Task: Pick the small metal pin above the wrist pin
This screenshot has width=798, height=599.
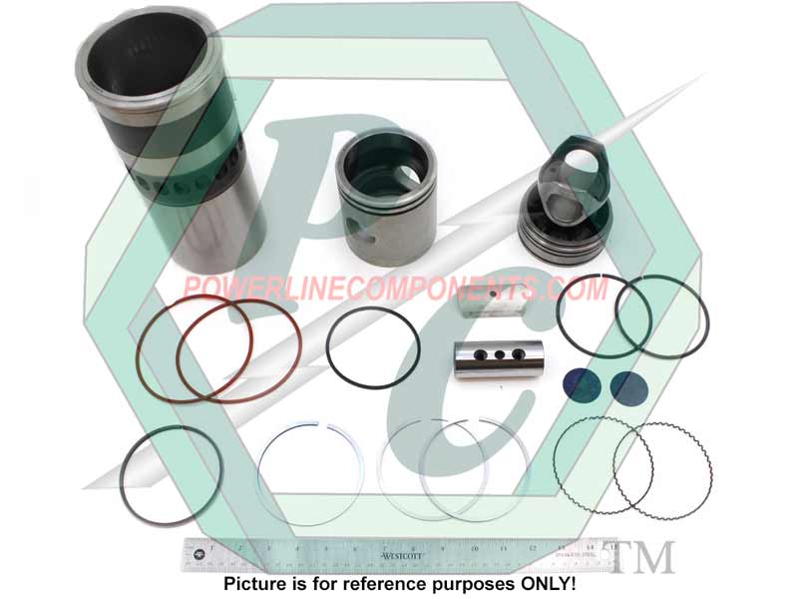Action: [492, 302]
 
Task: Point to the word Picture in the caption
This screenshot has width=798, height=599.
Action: [253, 583]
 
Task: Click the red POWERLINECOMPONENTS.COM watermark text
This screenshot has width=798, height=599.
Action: [394, 289]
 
